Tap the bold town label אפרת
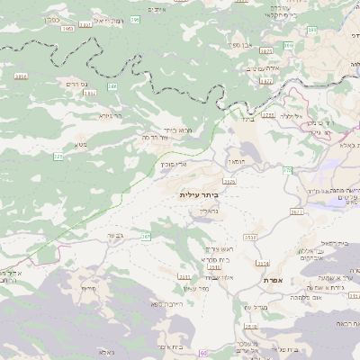click(x=274, y=281)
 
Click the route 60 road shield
click(x=205, y=354)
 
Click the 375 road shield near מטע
click(x=58, y=157)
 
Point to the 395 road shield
click(x=135, y=19)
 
